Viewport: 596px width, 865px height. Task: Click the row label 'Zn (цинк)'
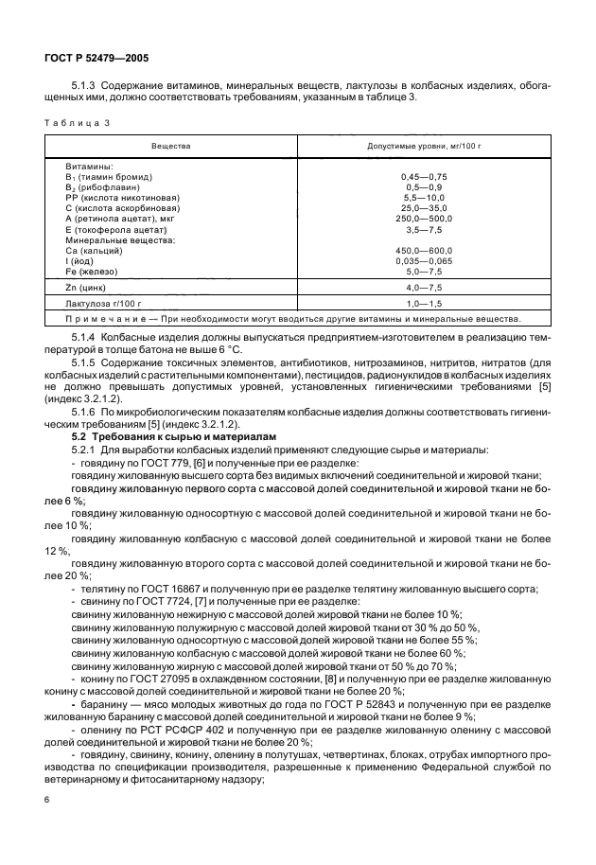pos(87,286)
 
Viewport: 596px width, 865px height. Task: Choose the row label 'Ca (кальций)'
pos(95,250)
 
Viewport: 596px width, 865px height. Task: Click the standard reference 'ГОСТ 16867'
pos(159,589)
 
